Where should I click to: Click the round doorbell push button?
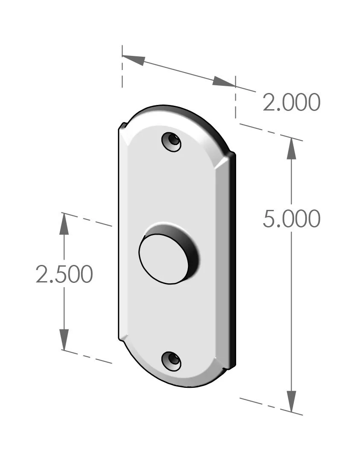click(164, 259)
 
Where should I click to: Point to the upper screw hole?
click(171, 141)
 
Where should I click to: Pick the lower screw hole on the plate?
click(171, 361)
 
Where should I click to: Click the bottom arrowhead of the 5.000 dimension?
click(291, 401)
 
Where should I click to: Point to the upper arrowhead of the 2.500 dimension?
click(64, 223)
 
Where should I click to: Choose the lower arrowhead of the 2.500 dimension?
click(64, 340)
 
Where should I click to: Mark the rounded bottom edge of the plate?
click(179, 386)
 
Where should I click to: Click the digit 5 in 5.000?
click(270, 219)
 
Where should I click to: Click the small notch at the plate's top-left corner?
click(122, 126)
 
